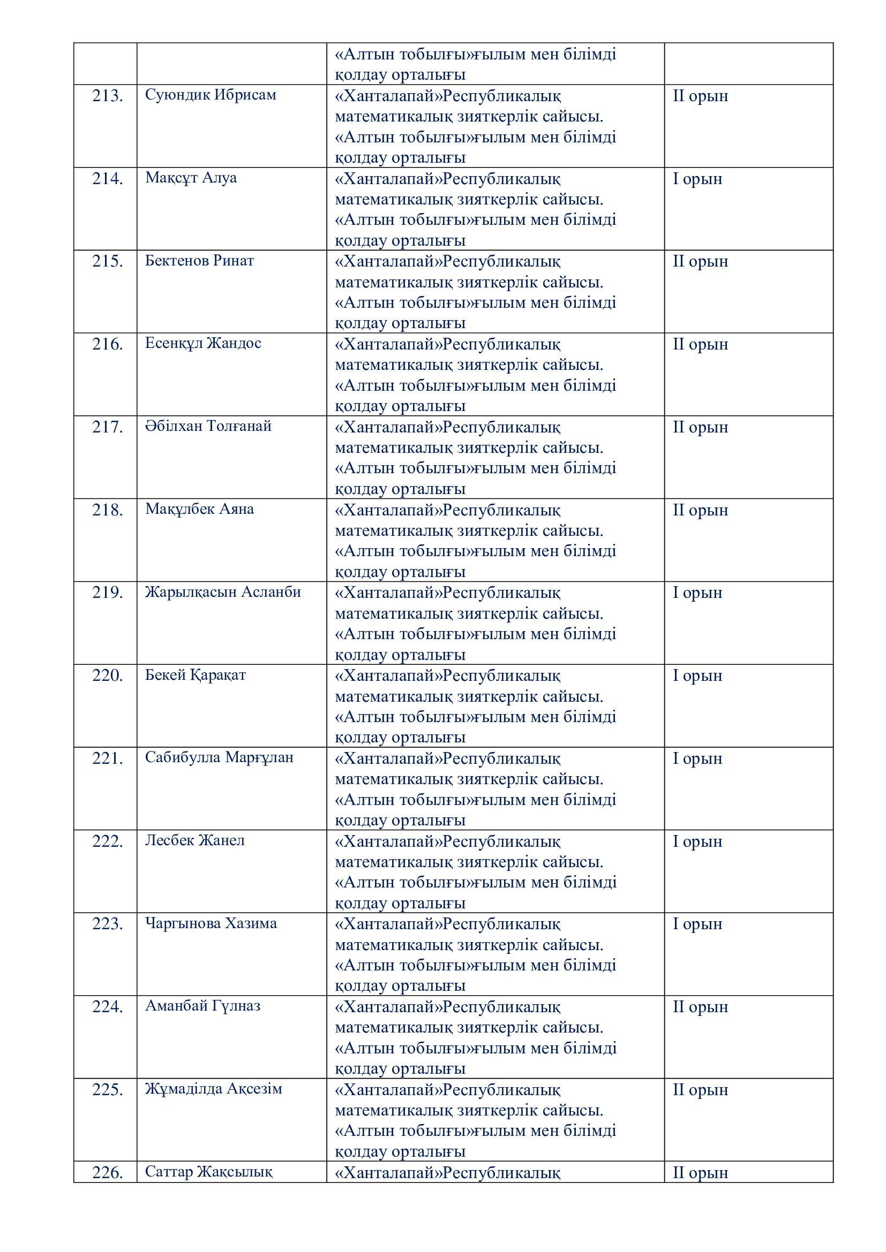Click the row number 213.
[107, 96]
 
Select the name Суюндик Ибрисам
[211, 95]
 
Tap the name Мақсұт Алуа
[191, 178]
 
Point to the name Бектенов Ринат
[199, 261]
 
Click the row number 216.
[107, 344]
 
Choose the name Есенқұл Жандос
[203, 343]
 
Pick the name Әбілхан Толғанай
[208, 426]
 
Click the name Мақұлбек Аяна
[199, 509]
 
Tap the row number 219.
[107, 592]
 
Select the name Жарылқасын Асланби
[223, 591]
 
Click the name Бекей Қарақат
[196, 675]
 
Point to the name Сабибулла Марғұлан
[219, 757]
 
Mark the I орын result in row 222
[697, 841]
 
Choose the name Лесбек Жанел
[195, 840]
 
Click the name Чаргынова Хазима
[211, 923]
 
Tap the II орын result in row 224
[700, 1007]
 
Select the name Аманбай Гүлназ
[202, 1006]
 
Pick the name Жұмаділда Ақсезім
[213, 1089]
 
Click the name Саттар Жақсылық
[208, 1172]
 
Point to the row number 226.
[107, 1172]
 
